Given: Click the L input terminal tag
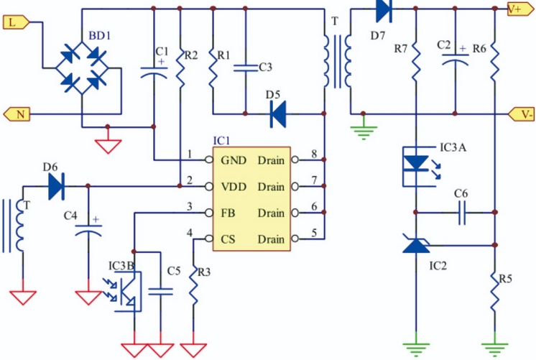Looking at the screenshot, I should click(x=14, y=22).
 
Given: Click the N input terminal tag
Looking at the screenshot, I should click(x=17, y=114).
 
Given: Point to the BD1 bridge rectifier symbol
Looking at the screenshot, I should click(x=81, y=68).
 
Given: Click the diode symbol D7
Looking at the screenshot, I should click(x=383, y=9).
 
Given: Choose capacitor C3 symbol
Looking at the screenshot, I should click(x=245, y=68).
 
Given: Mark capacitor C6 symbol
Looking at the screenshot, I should click(x=461, y=212).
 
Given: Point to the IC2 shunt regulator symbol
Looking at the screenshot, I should click(x=416, y=246).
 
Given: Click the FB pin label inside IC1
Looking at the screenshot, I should click(x=229, y=213).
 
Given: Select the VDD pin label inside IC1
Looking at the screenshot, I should click(x=234, y=187).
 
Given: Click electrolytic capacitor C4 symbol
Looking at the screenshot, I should click(x=88, y=231).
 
